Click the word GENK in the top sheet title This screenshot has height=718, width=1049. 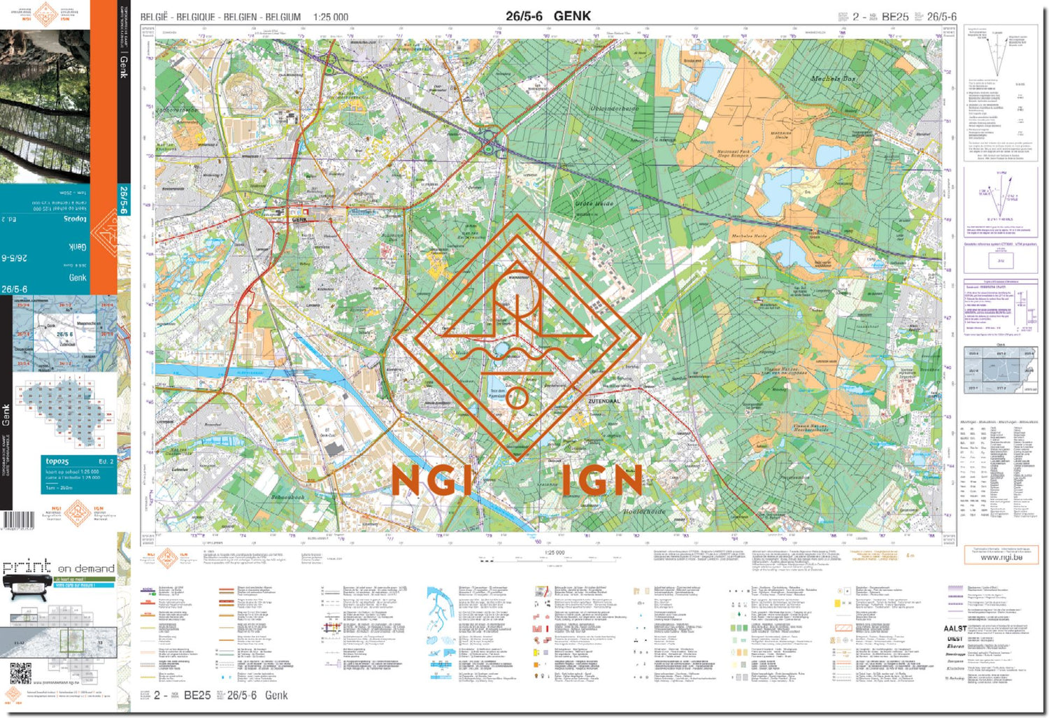coord(572,16)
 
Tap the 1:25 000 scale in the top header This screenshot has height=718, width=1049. coord(331,17)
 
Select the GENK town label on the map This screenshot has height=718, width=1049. coord(299,220)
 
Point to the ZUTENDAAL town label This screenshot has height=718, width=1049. coord(604,401)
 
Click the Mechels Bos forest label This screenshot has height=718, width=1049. coord(833,79)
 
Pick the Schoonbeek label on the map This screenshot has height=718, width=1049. coord(287,497)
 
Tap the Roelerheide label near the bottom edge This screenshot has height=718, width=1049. coord(644,512)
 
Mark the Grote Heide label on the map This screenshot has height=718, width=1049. coord(594,204)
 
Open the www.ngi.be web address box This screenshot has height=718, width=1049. coord(1001,557)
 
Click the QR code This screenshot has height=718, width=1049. coord(21,673)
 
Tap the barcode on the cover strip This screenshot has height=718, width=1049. coord(18,520)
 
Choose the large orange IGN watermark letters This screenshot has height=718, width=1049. coord(601,481)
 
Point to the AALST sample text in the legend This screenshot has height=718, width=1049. coord(955,628)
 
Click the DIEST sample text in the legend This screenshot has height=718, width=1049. coord(955,638)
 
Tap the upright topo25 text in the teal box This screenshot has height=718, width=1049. coord(57,461)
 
